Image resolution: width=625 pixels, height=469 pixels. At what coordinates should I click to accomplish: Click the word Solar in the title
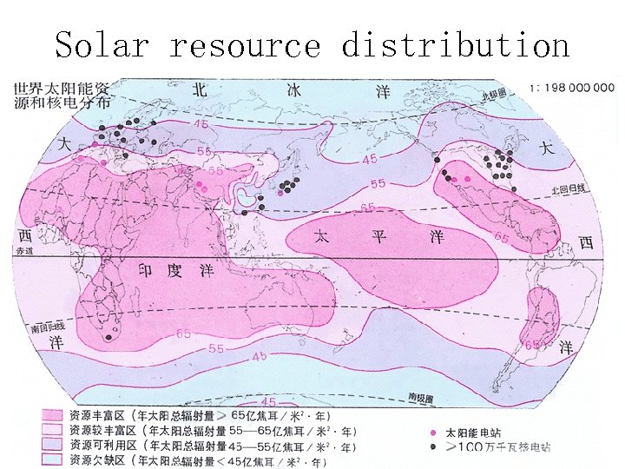[x=102, y=44]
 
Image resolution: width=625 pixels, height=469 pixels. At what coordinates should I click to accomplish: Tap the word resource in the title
[x=245, y=44]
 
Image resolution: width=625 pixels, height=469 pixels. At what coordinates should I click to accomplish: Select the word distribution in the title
[x=455, y=44]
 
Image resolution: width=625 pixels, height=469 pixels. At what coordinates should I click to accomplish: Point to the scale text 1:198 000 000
[x=572, y=88]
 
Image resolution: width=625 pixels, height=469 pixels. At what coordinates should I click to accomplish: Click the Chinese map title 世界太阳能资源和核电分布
[x=62, y=95]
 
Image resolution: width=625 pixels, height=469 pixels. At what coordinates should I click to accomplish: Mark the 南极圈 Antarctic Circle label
[x=422, y=397]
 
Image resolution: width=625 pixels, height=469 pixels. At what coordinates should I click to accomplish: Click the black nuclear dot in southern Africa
[x=109, y=336]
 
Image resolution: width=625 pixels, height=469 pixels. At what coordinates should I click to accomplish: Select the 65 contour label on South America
[x=534, y=344]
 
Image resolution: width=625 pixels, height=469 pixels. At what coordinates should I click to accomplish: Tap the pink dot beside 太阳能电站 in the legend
[x=432, y=432]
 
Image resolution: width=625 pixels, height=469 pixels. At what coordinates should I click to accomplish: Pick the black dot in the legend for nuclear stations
[x=432, y=446]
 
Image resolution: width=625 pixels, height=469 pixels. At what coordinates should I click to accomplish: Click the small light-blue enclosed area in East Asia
[x=248, y=200]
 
